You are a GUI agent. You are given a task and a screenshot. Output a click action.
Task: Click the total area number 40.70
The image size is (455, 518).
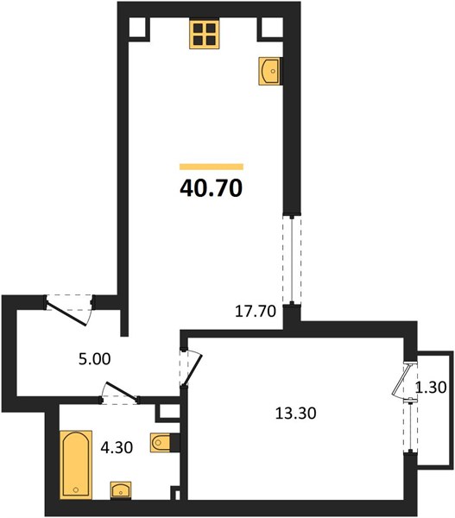(x=212, y=188)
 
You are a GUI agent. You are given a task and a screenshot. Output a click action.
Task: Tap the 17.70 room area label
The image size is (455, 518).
(x=255, y=311)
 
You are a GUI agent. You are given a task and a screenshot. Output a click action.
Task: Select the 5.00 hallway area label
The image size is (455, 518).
(x=94, y=359)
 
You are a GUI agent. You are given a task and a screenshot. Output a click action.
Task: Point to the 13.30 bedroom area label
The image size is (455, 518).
(x=296, y=413)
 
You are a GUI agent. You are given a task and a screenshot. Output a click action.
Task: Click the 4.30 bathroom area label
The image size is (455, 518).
(x=117, y=447)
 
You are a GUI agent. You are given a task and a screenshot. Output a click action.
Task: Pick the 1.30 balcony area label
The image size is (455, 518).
(x=431, y=387)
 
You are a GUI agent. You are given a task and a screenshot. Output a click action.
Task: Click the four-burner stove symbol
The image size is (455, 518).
(x=205, y=35)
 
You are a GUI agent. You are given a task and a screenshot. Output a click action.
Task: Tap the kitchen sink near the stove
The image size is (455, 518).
(x=270, y=71)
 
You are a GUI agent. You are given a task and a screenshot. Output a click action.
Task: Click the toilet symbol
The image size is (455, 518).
(x=161, y=442)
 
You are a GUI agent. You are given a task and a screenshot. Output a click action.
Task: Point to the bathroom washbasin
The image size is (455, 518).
(x=121, y=490)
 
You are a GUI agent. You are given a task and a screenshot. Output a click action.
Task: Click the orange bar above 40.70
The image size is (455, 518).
(x=212, y=167)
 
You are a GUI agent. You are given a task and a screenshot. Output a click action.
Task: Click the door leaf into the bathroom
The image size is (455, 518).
(x=120, y=391)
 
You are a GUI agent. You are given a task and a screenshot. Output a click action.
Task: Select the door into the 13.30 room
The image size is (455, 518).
(x=192, y=370)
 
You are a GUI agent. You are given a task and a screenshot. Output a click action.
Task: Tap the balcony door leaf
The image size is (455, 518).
(x=401, y=380)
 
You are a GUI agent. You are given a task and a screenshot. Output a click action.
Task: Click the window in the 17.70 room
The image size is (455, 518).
(x=292, y=260)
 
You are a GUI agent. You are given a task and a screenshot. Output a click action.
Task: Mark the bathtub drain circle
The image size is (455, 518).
(x=76, y=490)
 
